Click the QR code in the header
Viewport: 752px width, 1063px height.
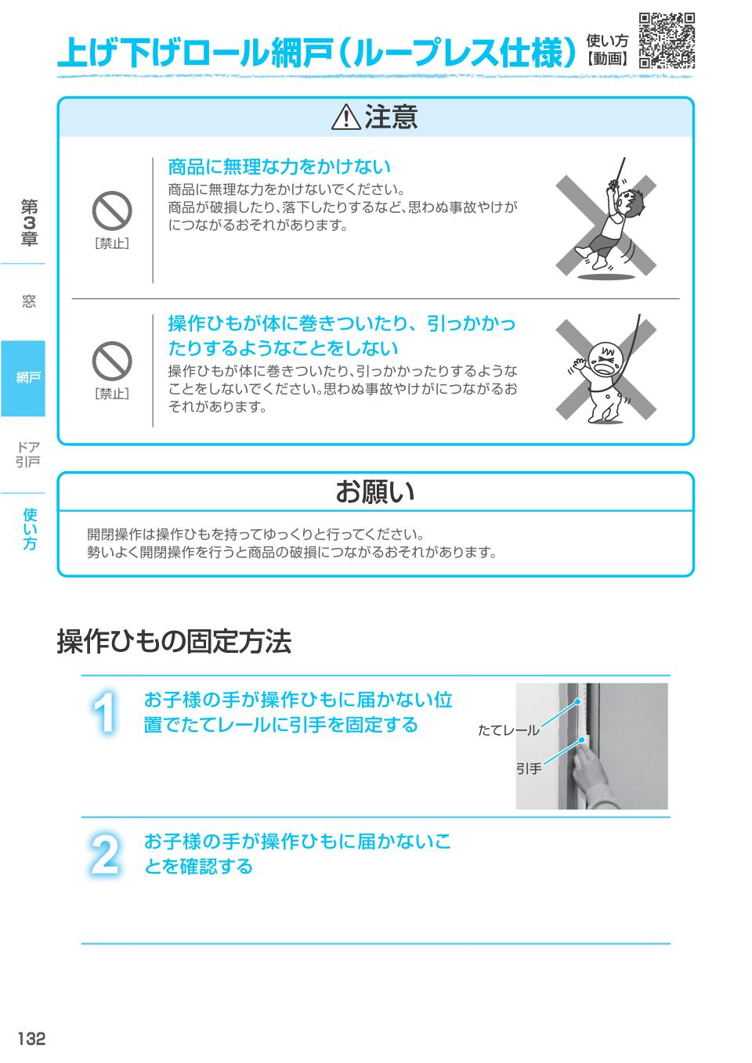(x=667, y=41)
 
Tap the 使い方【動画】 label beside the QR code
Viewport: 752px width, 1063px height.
(x=607, y=49)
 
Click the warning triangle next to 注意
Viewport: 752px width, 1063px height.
(x=345, y=118)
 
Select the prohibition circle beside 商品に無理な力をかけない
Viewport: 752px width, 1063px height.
(x=112, y=211)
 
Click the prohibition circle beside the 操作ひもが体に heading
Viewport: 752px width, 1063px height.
(x=112, y=361)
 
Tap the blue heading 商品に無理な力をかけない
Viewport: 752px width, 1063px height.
(x=279, y=167)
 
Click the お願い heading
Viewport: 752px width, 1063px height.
(x=375, y=492)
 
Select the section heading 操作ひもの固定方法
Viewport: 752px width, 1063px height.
(x=174, y=642)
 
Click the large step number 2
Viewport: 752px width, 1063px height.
(x=105, y=856)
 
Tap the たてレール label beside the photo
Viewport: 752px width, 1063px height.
(x=508, y=730)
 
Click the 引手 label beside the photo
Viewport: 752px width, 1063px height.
(x=529, y=769)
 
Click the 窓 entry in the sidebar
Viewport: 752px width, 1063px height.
(x=29, y=301)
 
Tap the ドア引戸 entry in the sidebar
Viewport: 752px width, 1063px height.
(x=28, y=454)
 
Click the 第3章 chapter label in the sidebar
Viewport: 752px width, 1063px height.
(x=29, y=222)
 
